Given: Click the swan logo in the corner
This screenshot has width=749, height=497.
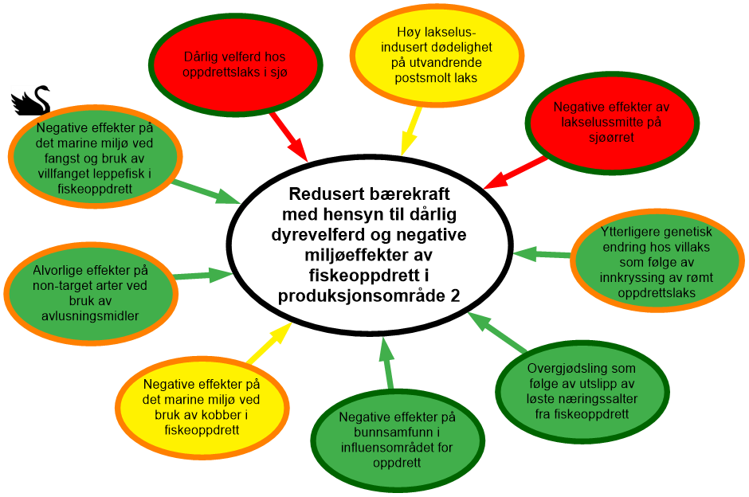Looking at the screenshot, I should (x=30, y=100).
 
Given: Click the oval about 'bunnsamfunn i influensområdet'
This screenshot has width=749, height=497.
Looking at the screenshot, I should (x=396, y=440).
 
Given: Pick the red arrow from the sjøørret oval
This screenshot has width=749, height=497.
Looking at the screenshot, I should (x=515, y=172).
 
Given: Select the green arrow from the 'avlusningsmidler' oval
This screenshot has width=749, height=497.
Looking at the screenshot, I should (x=202, y=276).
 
